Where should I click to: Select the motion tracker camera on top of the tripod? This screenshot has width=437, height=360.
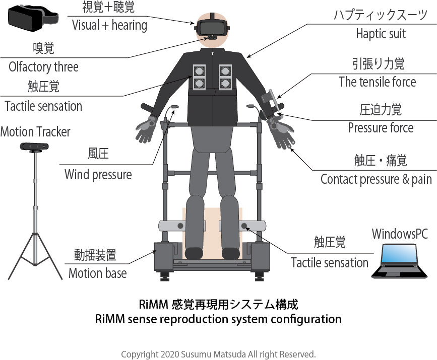35,147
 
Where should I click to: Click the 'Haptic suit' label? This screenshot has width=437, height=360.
381,35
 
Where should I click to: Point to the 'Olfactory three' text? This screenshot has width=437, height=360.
44,67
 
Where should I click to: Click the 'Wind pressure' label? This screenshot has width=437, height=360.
98,175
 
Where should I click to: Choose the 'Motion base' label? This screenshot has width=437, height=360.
97,273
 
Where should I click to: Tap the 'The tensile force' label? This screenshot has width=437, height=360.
378,82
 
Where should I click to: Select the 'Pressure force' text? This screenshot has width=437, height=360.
381,128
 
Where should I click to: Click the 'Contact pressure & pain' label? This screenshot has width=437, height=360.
376,179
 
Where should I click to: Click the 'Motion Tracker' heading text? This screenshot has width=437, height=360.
35,132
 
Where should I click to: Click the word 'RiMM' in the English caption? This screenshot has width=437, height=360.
109,319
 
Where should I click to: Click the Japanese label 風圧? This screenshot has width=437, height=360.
98,155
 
